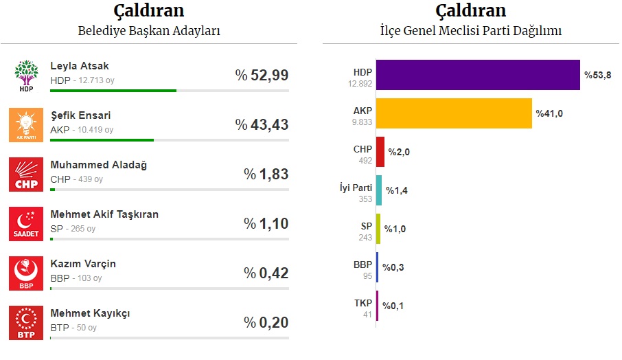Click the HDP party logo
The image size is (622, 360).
pos(27,76)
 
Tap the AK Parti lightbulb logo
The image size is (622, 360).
pos(27,125)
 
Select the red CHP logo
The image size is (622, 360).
pos(27,175)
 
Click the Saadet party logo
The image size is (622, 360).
pos(27,224)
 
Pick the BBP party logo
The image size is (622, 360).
pos(27,273)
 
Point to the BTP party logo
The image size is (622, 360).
pos(27,323)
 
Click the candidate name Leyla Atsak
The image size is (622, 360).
pos(80,66)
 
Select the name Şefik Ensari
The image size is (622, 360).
pos(80,115)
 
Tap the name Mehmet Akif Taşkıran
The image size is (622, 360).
pos(104,214)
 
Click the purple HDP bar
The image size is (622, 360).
pos(478,75)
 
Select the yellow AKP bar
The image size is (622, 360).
pos(454,113)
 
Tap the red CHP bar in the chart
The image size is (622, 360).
pos(380,152)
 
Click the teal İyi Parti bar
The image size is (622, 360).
pos(379,190)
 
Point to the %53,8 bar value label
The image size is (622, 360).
pos(597,75)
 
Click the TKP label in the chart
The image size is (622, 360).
pos(362,303)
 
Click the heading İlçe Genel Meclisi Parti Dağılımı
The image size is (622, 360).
pos(471,31)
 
